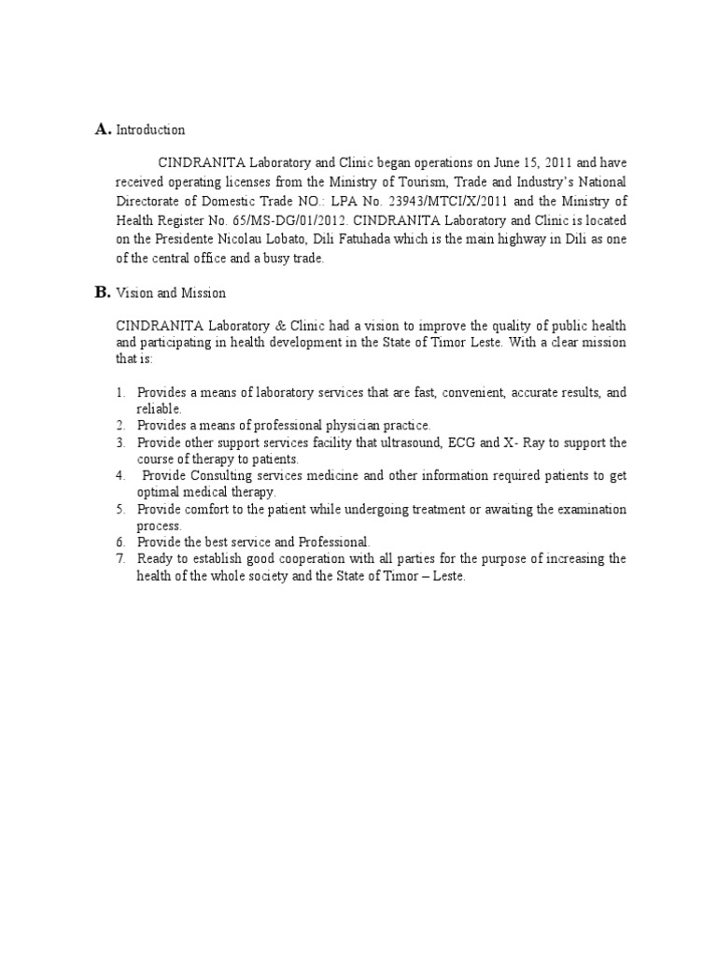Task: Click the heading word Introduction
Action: click(150, 131)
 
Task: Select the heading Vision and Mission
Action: click(171, 293)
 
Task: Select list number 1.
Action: click(121, 392)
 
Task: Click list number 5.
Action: click(121, 510)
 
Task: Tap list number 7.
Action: click(121, 559)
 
